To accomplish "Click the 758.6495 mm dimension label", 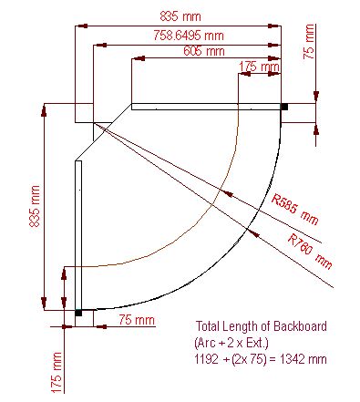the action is point(186,35).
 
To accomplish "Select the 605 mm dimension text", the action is point(203,51).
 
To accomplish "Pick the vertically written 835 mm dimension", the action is point(35,207).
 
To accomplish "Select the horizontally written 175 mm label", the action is point(259,67).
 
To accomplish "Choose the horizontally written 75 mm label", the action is point(137,320).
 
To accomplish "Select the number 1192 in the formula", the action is point(209,360).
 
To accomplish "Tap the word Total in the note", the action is point(209,325).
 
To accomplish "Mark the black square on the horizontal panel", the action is point(284,107).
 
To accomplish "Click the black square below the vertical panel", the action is point(78,313).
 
